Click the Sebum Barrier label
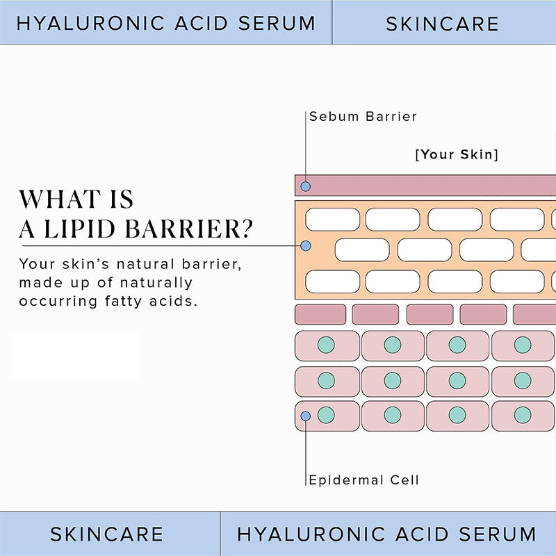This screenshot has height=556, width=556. [363, 116]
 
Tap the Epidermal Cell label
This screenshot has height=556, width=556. [364, 480]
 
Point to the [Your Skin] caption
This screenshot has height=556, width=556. [457, 154]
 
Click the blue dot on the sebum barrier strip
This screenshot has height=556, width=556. [305, 186]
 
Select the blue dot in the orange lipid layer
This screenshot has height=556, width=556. [305, 246]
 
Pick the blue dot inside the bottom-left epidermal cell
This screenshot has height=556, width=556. [305, 416]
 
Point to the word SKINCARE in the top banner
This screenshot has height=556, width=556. [442, 24]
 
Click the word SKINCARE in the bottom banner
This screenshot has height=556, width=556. [107, 534]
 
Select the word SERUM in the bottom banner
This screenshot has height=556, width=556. [494, 534]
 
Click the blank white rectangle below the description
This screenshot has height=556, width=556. [76, 355]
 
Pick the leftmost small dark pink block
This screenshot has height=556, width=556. [320, 314]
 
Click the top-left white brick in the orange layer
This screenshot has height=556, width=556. [332, 219]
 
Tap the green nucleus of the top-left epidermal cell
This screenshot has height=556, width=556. [326, 345]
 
